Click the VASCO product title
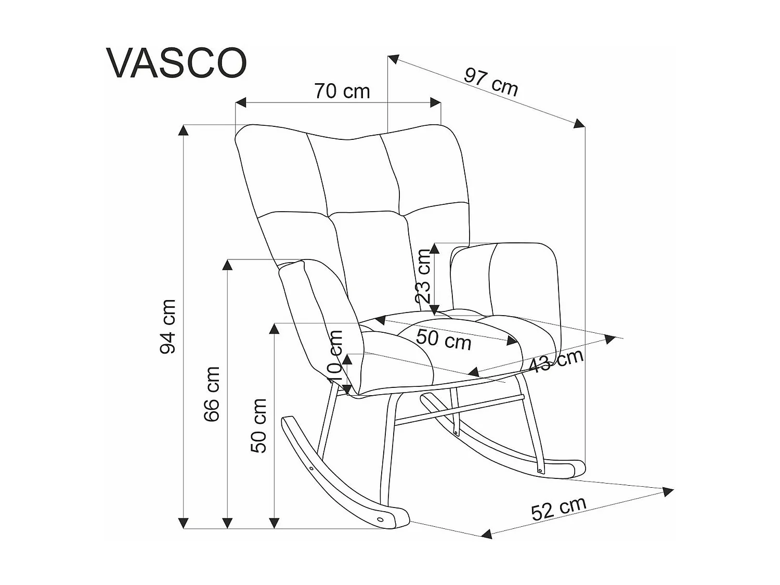[x=177, y=63]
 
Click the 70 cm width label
[x=342, y=92]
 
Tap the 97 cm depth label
[x=491, y=82]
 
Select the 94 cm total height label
[x=168, y=327]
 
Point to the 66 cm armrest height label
[x=212, y=394]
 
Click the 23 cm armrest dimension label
[x=424, y=276]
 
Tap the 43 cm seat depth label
[x=555, y=361]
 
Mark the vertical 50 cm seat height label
[x=258, y=425]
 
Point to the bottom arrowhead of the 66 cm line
[x=227, y=523]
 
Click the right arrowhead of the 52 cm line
[x=668, y=491]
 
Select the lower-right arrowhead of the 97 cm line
[x=580, y=123]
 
